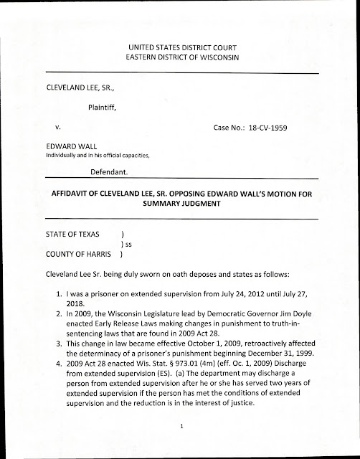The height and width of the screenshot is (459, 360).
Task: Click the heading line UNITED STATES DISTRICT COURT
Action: (180, 47)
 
